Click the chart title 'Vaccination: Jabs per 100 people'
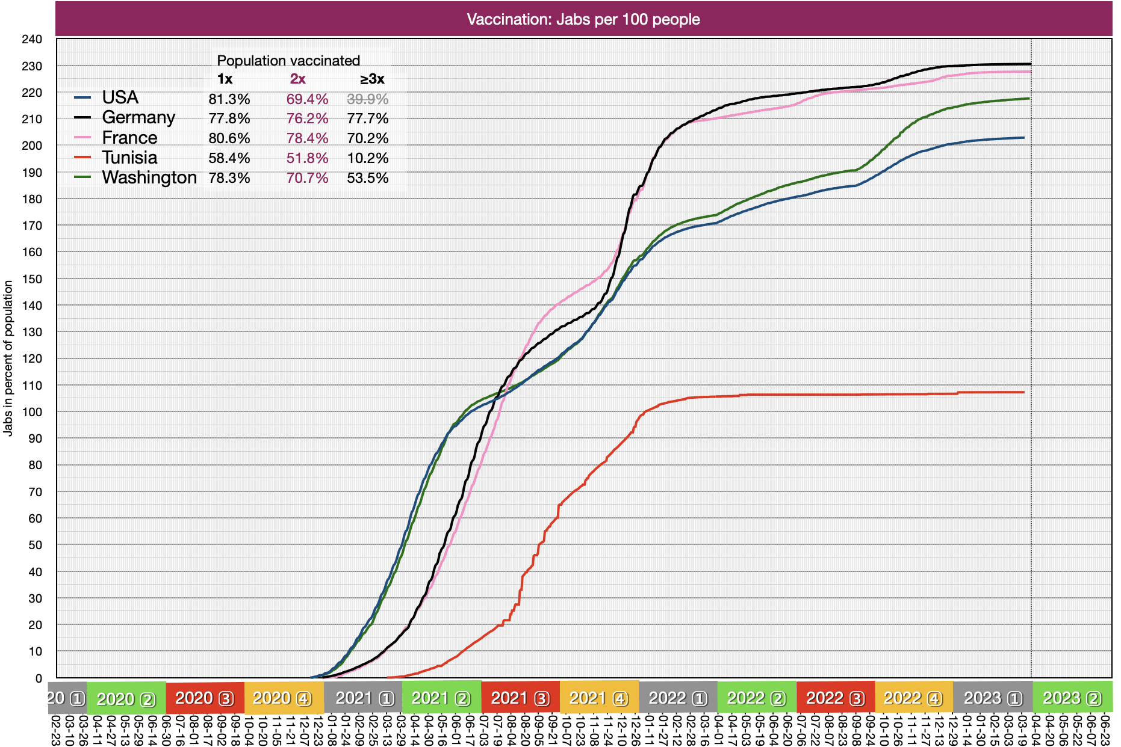pos(583,19)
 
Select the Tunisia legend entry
pos(129,158)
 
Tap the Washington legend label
pos(149,177)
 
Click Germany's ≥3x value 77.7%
pos(368,118)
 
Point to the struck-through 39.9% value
pos(368,99)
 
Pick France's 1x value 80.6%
pos(229,138)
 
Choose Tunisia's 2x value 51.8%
pos(307,158)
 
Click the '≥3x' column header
pos(372,79)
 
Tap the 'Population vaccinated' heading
pos(288,61)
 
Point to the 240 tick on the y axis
pos(32,40)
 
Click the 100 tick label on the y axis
pos(32,412)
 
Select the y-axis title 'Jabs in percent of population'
pos(8,358)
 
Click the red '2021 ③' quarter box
pos(520,698)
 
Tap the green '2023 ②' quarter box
pos(1072,698)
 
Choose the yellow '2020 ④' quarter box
pos(284,698)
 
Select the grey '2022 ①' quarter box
pos(678,698)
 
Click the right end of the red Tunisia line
pos(1023,392)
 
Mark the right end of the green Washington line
pos(1029,99)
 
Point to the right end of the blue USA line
pos(1023,138)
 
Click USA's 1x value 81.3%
pos(229,99)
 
